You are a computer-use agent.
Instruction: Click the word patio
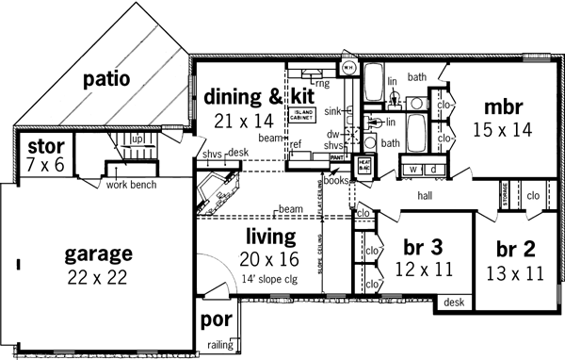point(105,78)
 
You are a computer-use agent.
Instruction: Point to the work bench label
point(129,183)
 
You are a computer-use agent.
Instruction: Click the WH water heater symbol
point(347,67)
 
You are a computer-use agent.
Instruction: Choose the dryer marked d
point(433,170)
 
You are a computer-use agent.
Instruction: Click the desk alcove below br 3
point(455,303)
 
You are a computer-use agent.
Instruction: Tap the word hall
point(430,197)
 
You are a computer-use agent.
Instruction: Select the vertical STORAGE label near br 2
point(505,197)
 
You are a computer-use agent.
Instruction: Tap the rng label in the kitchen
point(322,83)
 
